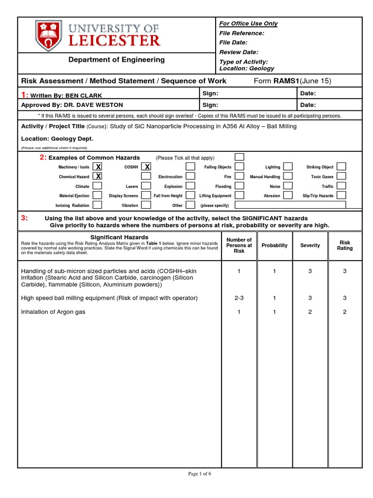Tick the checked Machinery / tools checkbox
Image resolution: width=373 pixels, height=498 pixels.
[x=98, y=167]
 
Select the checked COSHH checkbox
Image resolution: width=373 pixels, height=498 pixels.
[x=147, y=167]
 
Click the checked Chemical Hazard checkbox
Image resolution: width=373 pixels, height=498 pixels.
[x=98, y=177]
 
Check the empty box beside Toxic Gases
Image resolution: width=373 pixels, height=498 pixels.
[x=341, y=177]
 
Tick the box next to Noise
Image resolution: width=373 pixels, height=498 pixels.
[x=288, y=186]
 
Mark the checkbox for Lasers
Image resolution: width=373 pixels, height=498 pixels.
[x=147, y=186]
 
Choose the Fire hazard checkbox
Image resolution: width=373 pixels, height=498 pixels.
[x=239, y=177]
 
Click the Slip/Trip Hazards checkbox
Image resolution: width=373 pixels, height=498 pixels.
[x=341, y=196]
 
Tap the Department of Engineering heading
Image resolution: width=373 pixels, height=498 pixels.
[x=116, y=60]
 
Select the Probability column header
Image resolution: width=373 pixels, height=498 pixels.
[x=274, y=246]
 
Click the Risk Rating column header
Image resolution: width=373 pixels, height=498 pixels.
[x=345, y=246]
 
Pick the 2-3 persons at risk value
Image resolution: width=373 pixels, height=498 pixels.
[x=239, y=298]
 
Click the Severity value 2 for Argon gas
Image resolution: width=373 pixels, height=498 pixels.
[x=310, y=312]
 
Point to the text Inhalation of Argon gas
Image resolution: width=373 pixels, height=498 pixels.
[x=53, y=312]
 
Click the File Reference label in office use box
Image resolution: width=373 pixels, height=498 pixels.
[x=242, y=33]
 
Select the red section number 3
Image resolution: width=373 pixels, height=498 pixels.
[x=24, y=218]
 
